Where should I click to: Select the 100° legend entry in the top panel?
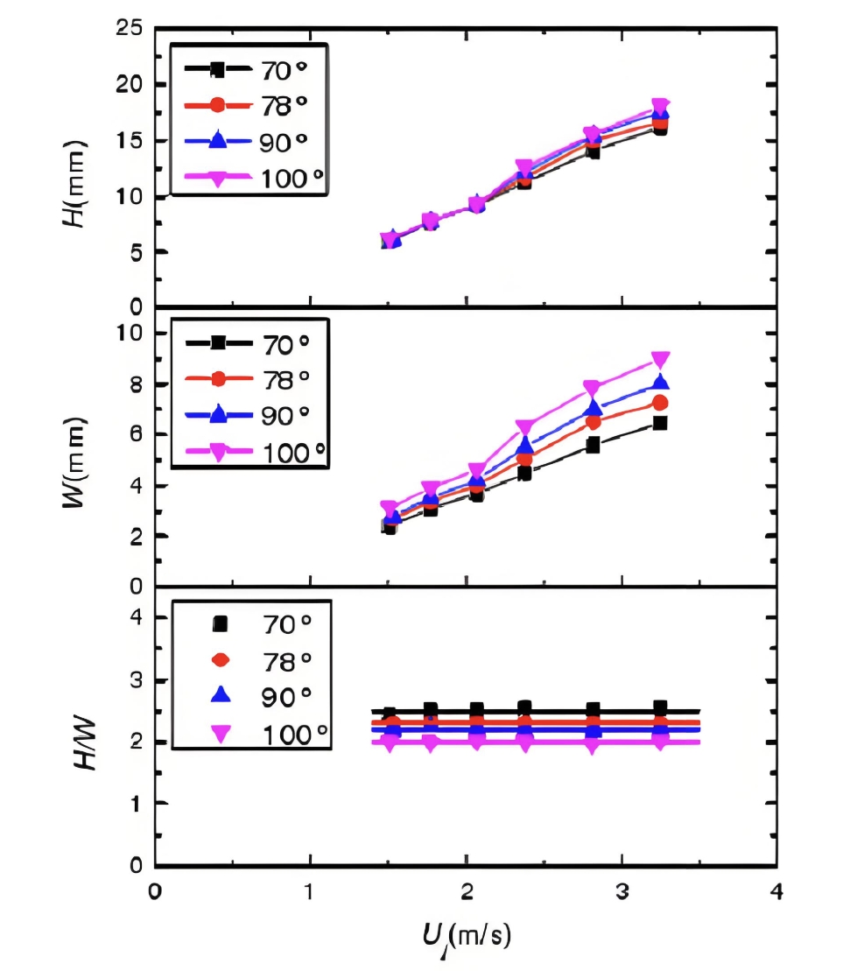click(x=253, y=179)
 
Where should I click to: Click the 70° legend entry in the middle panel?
click(x=253, y=345)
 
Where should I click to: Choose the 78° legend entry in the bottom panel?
click(x=253, y=659)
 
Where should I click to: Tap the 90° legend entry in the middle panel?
click(x=253, y=416)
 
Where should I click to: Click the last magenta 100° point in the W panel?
click(x=661, y=360)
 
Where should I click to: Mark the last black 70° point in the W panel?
click(x=661, y=423)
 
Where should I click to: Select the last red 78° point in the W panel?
click(x=661, y=403)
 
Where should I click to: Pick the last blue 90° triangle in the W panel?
click(x=661, y=383)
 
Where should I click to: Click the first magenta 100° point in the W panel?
click(x=390, y=508)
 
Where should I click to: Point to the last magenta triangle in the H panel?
click(x=661, y=107)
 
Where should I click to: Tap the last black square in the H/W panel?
click(x=661, y=707)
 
